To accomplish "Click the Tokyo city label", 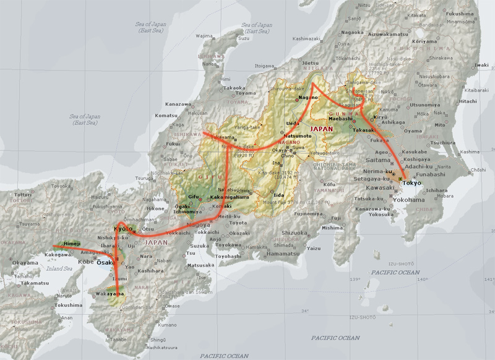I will point(410,184).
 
